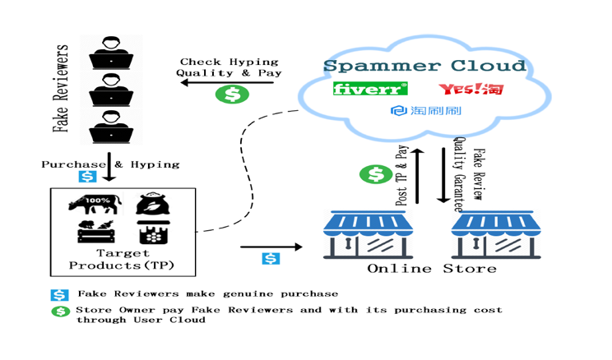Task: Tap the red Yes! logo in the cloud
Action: pyautogui.click(x=471, y=89)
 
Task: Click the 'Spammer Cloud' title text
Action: pyautogui.click(x=424, y=66)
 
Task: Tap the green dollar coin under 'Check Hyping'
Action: pyautogui.click(x=232, y=95)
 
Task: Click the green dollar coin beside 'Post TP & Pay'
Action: pyautogui.click(x=376, y=174)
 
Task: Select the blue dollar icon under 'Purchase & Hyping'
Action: pyautogui.click(x=86, y=177)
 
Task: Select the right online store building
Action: pyautogui.click(x=493, y=234)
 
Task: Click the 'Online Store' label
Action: pyautogui.click(x=431, y=269)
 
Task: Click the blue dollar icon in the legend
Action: pyautogui.click(x=60, y=294)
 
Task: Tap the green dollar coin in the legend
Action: pyautogui.click(x=60, y=312)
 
